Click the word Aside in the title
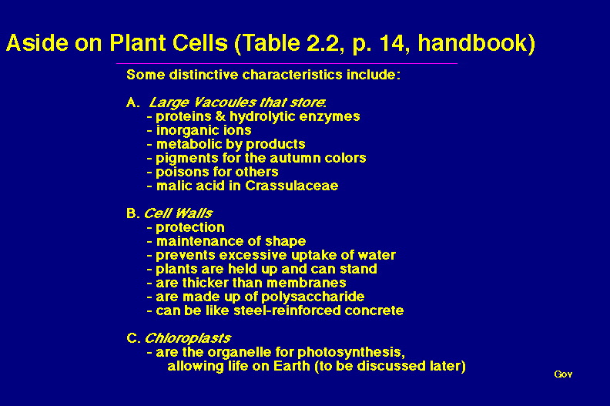37,42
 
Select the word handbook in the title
472,42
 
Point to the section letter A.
132,102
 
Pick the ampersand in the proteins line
220,116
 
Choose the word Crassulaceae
292,186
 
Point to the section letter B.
132,213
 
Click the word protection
189,227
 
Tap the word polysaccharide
313,297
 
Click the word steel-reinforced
287,310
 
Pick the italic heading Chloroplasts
187,338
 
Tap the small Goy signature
563,374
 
